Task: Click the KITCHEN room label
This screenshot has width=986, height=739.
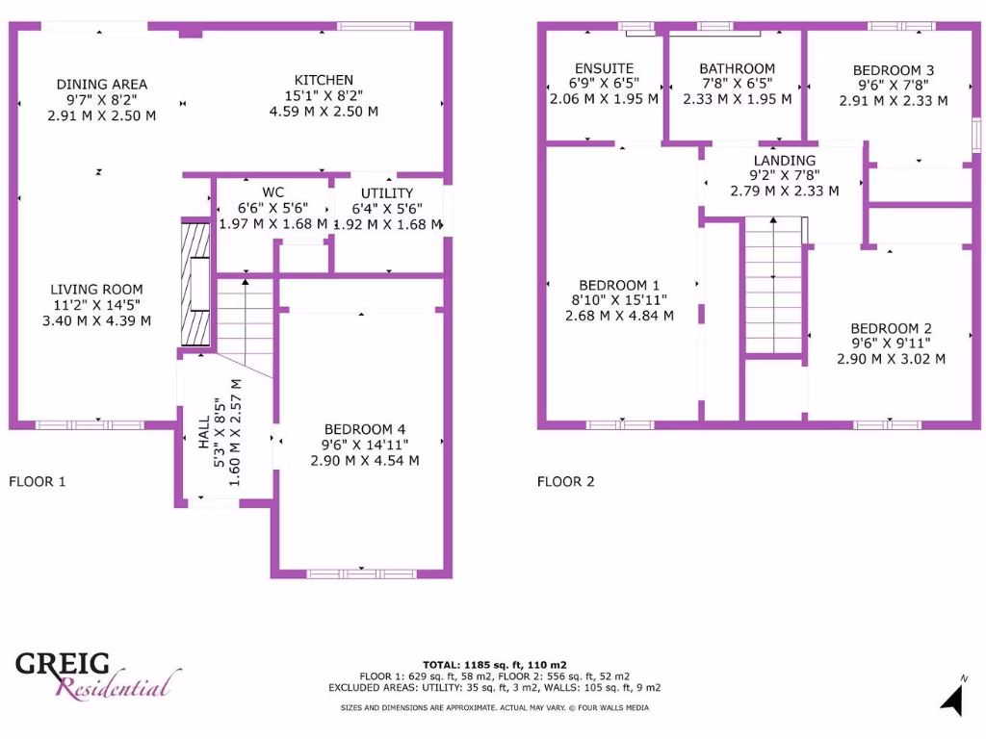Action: click(324, 80)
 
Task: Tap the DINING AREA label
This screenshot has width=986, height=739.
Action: click(101, 85)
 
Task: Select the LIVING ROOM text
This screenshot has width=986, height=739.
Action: click(96, 290)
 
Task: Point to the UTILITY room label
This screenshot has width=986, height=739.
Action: click(387, 193)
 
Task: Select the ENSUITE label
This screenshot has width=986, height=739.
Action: click(604, 68)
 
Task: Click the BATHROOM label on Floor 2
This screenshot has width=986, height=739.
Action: click(737, 68)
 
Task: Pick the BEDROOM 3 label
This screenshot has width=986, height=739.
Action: click(893, 70)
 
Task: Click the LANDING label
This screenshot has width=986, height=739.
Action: click(784, 161)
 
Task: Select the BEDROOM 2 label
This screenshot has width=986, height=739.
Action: click(891, 328)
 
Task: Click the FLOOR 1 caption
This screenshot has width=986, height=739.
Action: click(37, 481)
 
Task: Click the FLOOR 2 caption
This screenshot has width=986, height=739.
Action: click(565, 481)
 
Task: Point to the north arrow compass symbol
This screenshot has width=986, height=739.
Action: click(952, 697)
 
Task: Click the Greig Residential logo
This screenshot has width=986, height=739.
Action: click(96, 674)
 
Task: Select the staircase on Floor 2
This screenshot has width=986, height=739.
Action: click(773, 286)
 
